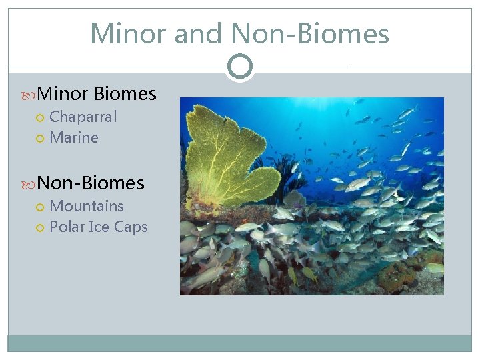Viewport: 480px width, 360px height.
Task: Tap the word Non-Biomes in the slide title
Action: pos(309,33)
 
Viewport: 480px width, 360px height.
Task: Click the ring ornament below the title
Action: pos(239,67)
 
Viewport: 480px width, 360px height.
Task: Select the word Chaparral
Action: pos(83,117)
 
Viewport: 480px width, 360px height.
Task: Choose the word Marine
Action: pos(74,138)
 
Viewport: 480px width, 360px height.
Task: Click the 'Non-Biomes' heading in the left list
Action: pos(91,183)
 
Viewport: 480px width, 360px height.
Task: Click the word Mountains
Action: pos(87,207)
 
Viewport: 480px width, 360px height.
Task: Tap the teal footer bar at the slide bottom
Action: pos(239,343)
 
